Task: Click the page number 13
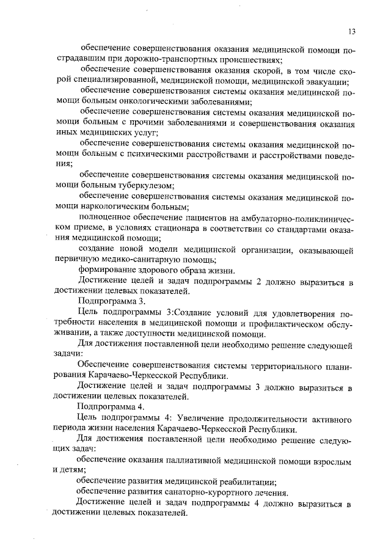coord(351,32)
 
